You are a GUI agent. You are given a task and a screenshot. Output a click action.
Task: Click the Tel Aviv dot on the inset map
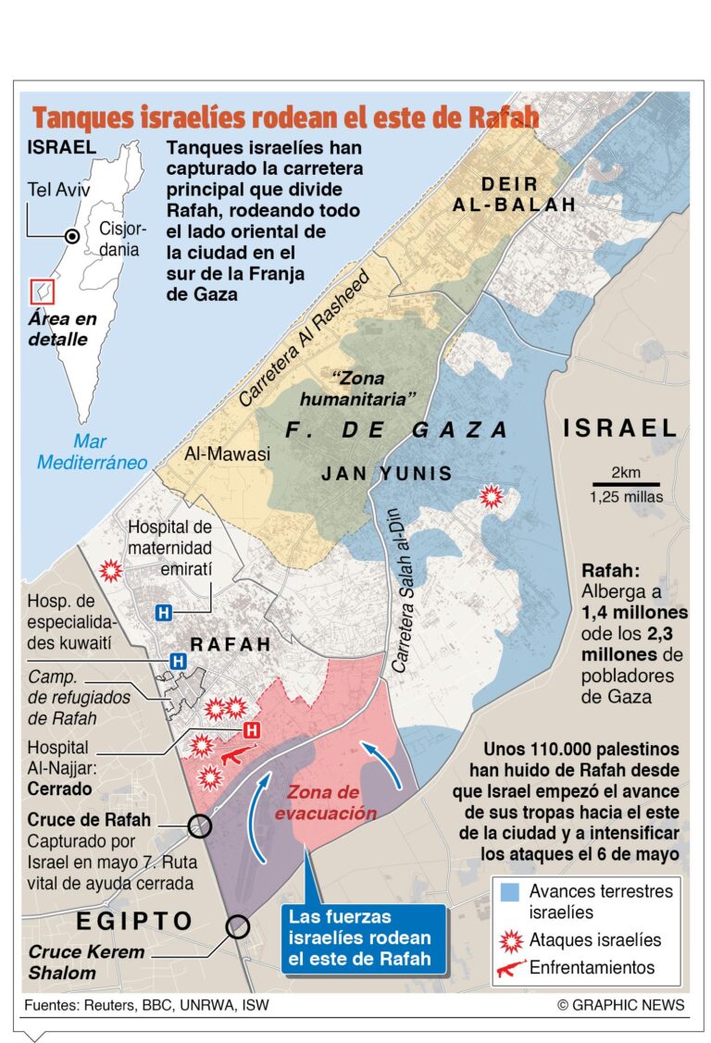71,237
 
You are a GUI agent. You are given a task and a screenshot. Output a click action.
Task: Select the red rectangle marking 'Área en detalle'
43,291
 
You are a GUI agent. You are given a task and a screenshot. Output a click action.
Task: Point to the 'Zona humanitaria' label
357,388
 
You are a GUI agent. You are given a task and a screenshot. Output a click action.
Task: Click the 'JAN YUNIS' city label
386,474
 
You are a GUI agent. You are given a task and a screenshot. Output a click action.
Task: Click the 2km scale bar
626,483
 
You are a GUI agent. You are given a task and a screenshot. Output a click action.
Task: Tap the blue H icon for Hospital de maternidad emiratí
165,613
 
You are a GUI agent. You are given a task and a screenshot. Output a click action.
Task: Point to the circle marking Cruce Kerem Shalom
238,925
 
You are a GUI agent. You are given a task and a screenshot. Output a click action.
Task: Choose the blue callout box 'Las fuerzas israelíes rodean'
364,937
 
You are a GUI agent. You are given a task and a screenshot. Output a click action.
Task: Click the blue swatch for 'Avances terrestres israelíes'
509,894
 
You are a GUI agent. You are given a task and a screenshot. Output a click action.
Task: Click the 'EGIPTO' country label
134,921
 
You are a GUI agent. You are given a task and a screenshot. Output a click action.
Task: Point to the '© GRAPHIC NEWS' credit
620,1004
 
